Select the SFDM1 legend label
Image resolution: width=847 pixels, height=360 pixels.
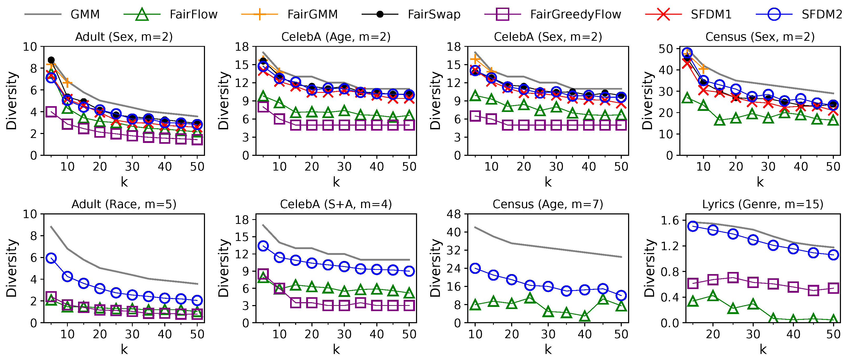(x=711, y=14)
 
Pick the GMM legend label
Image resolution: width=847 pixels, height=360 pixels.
(x=85, y=14)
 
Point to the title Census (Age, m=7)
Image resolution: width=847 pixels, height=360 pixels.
(x=548, y=204)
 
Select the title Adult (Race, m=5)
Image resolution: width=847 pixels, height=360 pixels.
(x=124, y=204)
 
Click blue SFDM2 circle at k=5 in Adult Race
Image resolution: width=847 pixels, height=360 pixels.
(x=51, y=258)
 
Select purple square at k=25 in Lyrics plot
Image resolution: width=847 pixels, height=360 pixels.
(x=733, y=277)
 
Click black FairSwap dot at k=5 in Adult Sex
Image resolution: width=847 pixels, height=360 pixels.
(x=51, y=60)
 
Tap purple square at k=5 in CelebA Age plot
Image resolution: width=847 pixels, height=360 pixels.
(x=263, y=106)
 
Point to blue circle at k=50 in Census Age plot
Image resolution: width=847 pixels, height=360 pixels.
(x=621, y=295)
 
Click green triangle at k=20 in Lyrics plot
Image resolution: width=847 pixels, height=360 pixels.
(x=713, y=296)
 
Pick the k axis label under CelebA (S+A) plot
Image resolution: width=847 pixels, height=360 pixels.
(x=336, y=349)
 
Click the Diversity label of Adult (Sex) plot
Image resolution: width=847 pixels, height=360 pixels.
(x=12, y=101)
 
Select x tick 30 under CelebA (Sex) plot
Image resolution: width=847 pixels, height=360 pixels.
(x=556, y=167)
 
